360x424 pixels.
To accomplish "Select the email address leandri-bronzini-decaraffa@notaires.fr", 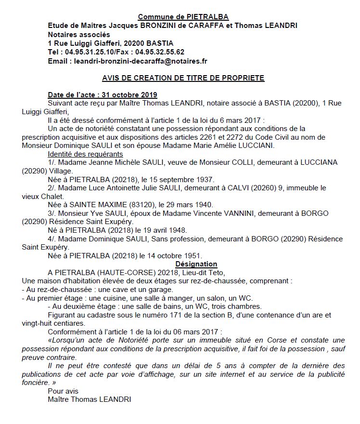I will [140, 61].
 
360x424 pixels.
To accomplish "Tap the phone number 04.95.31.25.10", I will [88, 52].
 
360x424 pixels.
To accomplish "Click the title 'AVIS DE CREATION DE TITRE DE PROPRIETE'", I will [183, 78].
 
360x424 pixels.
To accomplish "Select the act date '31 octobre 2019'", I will [130, 94].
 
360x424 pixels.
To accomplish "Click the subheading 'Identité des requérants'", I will [85, 154].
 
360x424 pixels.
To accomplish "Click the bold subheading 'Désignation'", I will [196, 264].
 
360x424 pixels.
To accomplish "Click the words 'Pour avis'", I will [63, 391].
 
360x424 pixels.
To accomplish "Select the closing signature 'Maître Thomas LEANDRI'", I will [89, 400].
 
